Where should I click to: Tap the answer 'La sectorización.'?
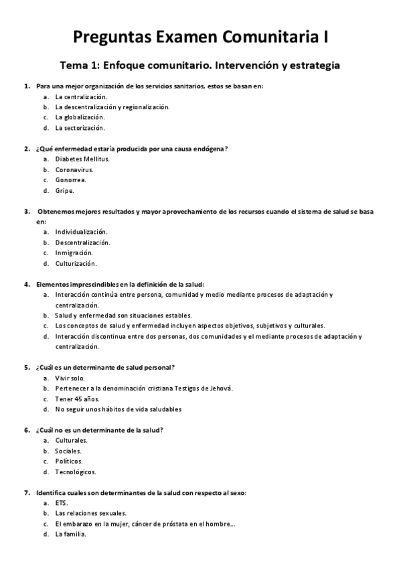[x=80, y=127]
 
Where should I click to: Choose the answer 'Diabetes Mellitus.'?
[x=82, y=159]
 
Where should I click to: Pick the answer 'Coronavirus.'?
[x=74, y=169]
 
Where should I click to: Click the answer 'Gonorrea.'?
[x=71, y=180]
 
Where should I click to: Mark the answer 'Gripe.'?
[x=65, y=190]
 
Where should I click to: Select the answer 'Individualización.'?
[x=82, y=232]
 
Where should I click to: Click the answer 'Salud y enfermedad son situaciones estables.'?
[x=124, y=315]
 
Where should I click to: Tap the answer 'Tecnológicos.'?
[x=76, y=472]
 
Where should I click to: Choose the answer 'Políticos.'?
[x=70, y=461]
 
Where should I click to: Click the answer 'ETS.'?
[x=62, y=503]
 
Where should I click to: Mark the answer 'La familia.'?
[x=71, y=534]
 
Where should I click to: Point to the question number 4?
[x=27, y=284]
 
